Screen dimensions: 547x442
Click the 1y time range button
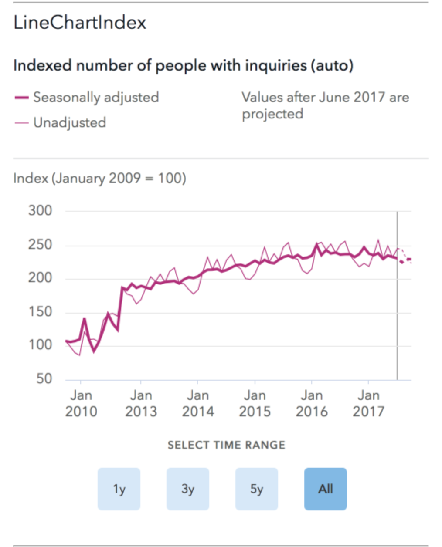(119, 489)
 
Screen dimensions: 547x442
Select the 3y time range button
(188, 489)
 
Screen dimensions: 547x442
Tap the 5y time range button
(257, 489)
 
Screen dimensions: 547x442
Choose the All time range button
(326, 489)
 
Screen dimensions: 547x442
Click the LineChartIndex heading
(80, 23)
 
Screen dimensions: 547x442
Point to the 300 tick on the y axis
(40, 211)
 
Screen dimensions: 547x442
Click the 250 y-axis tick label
(40, 245)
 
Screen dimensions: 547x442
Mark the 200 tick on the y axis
(40, 278)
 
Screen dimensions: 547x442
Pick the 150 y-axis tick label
(40, 312)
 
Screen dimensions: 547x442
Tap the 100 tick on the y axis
(40, 345)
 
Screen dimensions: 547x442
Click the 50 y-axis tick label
(44, 378)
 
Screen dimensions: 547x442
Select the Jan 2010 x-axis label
(81, 403)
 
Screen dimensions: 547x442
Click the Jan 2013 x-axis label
(141, 403)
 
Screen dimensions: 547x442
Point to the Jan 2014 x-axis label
(198, 403)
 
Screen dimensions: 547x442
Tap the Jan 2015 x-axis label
(255, 403)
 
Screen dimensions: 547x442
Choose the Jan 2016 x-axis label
(312, 403)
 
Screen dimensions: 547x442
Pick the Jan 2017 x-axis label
(368, 403)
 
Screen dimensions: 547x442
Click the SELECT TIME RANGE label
(226, 445)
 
